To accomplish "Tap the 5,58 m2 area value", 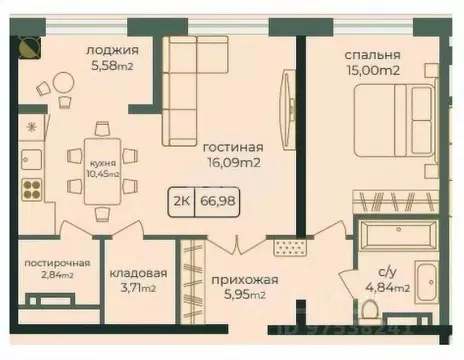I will (112, 66).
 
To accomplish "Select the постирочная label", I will (57, 263).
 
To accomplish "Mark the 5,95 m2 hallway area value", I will (243, 295).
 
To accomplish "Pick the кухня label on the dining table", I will (100, 162).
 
